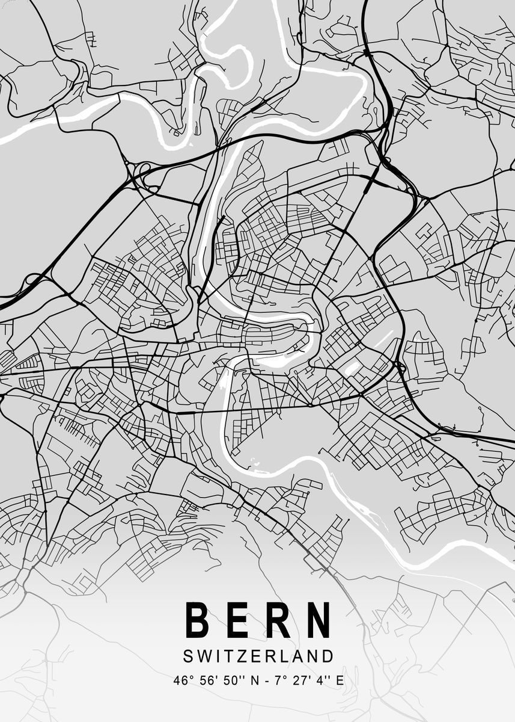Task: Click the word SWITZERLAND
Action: point(258,655)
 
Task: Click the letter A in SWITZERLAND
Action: point(300,655)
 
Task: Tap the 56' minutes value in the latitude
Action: point(207,681)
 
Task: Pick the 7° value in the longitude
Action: point(281,681)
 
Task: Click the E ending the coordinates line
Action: point(340,681)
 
